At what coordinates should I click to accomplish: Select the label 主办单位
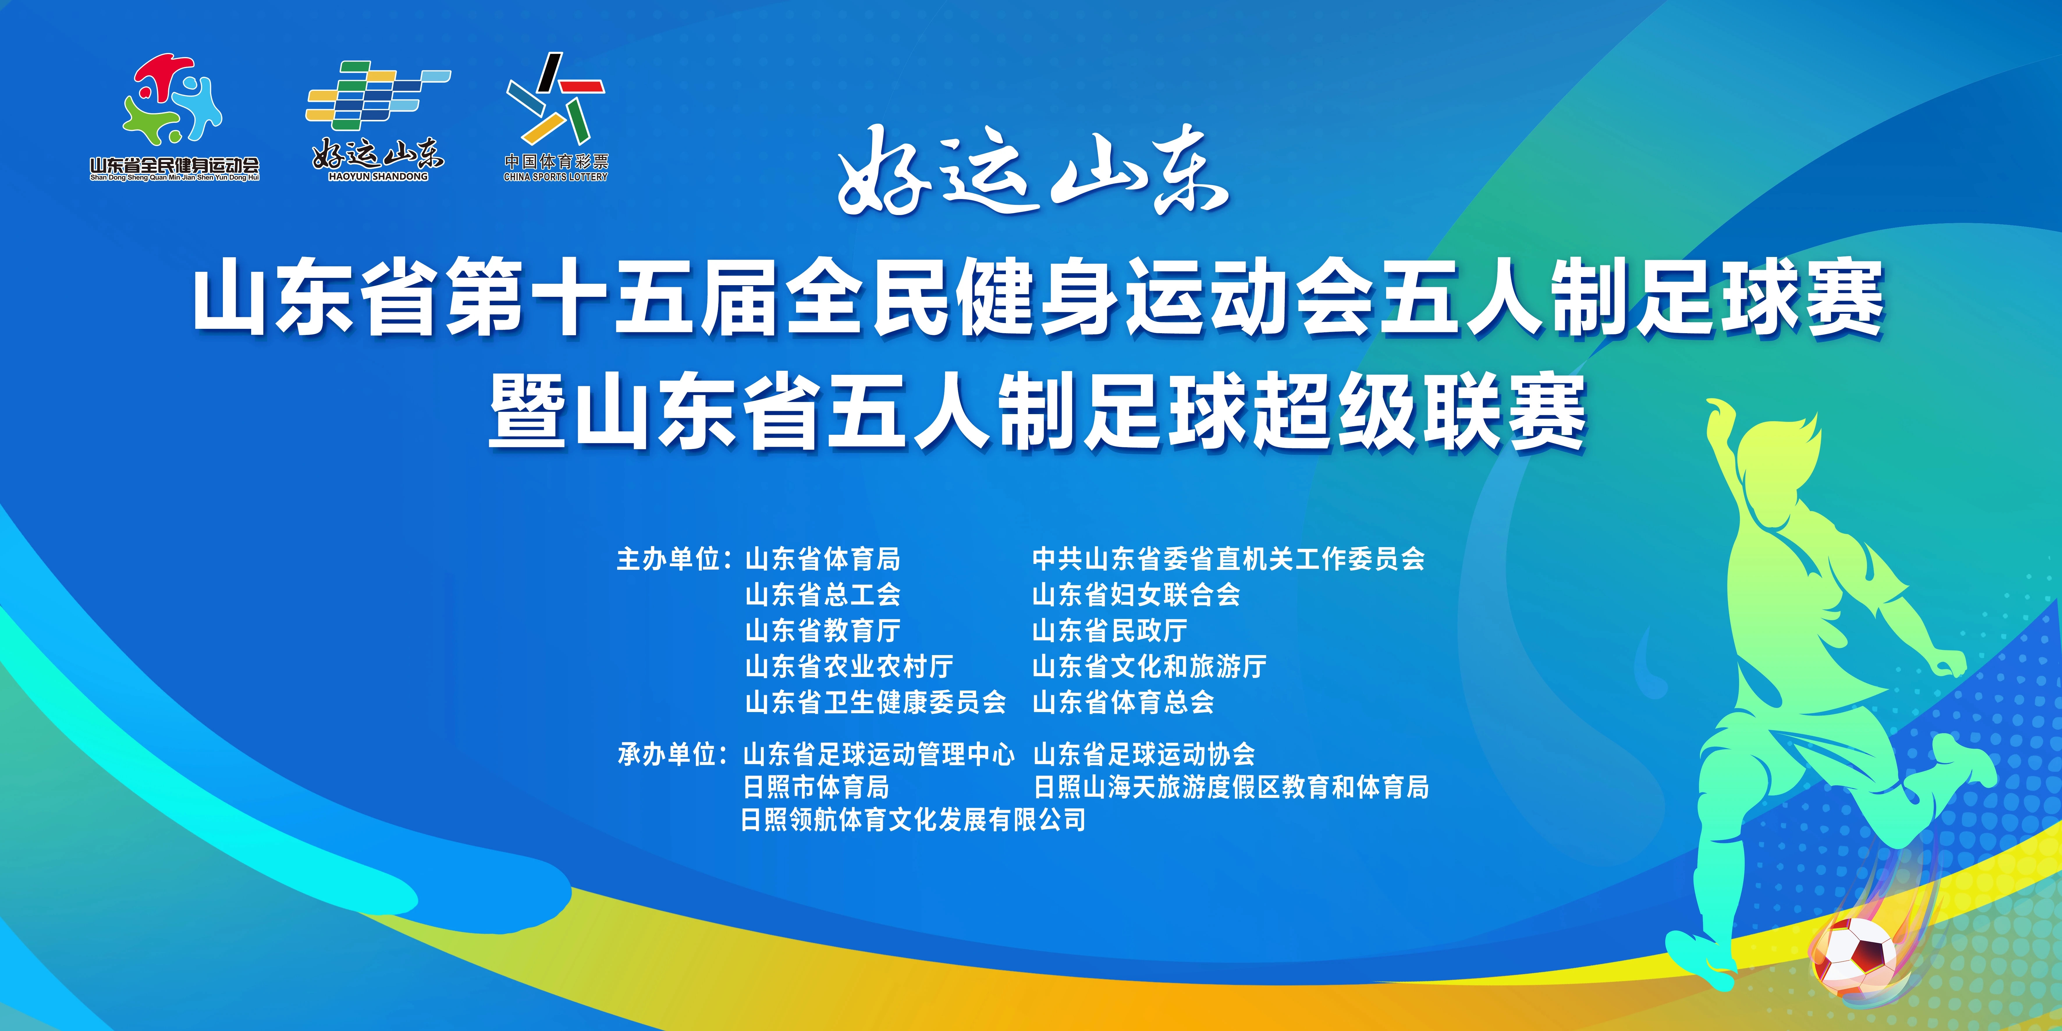pos(668,559)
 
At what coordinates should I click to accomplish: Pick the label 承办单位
pos(668,754)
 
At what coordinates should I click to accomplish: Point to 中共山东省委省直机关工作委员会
pos(1229,559)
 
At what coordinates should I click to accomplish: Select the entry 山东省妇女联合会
pos(1136,595)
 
